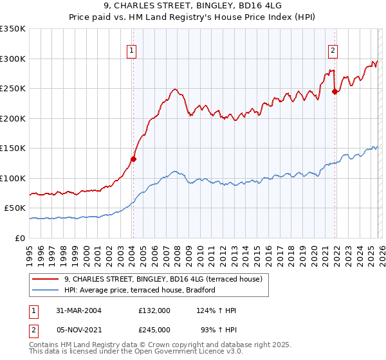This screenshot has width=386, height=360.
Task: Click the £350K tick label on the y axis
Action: [13, 29]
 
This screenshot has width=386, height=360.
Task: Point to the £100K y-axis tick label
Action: [13, 178]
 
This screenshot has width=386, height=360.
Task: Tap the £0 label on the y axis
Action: [20, 238]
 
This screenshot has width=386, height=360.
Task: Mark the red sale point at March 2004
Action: [134, 159]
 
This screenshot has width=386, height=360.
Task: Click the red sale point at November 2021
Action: [335, 91]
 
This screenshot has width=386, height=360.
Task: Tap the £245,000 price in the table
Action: [154, 330]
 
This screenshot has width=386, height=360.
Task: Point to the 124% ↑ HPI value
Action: [216, 310]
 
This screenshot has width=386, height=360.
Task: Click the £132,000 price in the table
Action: [154, 310]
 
